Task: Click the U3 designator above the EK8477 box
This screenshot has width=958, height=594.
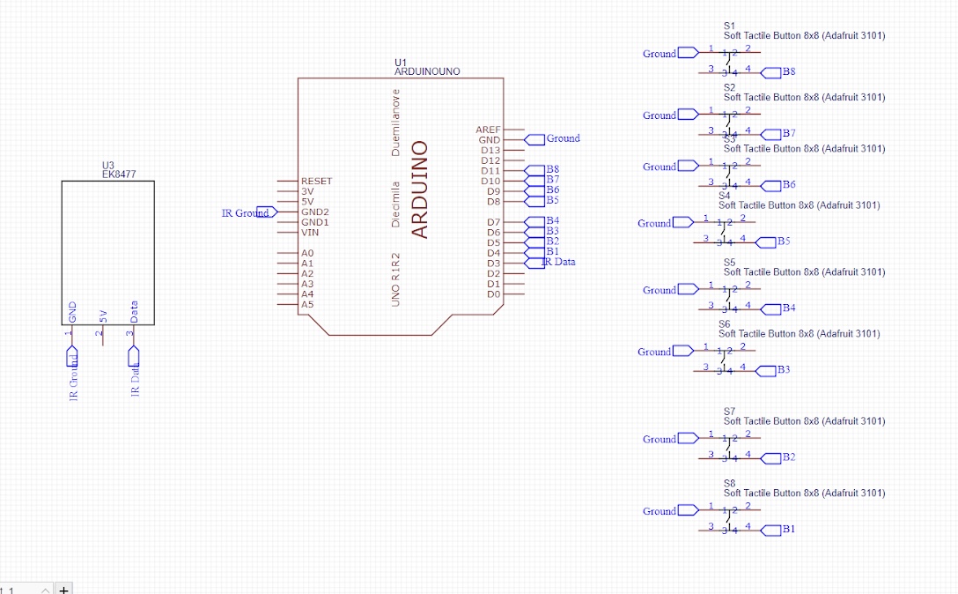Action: point(108,165)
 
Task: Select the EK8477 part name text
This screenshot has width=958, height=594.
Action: point(119,174)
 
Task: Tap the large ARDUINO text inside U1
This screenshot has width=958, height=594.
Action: point(420,189)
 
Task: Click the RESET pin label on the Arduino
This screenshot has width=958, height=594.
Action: point(316,182)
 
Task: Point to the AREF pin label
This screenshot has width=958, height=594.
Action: point(488,130)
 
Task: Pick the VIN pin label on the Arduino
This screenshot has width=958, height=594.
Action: point(310,233)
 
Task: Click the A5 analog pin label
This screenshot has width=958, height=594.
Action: point(307,305)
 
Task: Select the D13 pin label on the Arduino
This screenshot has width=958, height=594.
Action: point(490,150)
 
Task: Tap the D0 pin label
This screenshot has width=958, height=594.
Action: point(493,294)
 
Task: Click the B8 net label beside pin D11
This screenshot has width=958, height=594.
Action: point(552,169)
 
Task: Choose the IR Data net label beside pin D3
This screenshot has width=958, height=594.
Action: point(559,262)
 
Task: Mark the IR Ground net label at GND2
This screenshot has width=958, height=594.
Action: point(245,212)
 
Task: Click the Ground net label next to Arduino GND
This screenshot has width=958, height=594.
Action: point(563,138)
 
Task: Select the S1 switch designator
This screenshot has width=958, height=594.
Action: point(729,26)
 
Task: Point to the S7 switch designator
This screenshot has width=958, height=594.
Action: point(729,412)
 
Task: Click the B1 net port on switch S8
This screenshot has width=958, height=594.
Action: point(788,530)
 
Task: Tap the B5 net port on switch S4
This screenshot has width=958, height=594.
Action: point(783,241)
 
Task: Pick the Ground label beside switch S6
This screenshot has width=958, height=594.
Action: point(654,352)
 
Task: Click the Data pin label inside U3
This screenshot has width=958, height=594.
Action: point(134,312)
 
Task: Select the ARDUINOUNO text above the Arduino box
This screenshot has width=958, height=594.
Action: point(427,71)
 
